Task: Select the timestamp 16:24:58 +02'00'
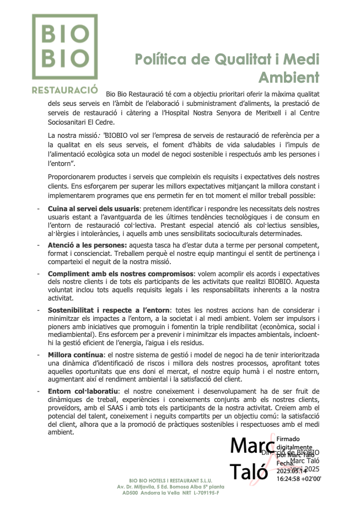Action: click(298, 479)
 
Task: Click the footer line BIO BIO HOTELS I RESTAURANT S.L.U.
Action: click(170, 481)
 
